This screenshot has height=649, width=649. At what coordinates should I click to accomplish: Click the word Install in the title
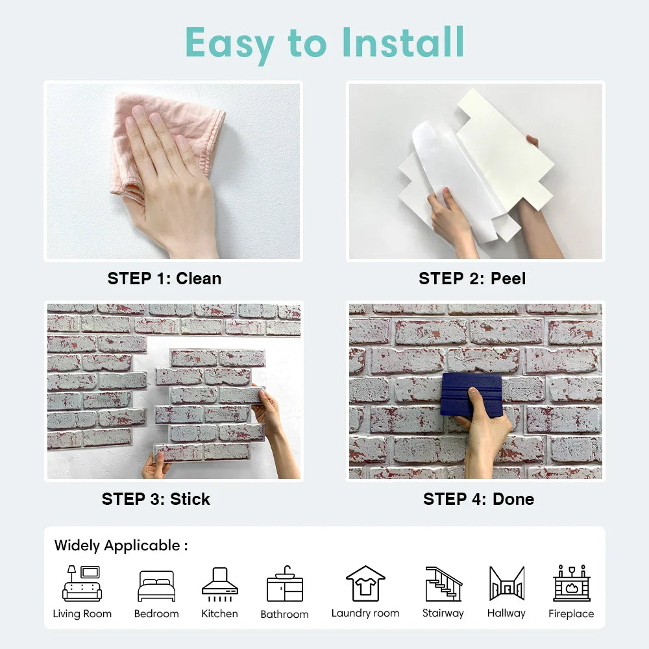[x=403, y=43]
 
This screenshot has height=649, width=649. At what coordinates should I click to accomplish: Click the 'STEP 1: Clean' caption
[x=164, y=278]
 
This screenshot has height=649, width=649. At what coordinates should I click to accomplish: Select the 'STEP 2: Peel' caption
[x=472, y=278]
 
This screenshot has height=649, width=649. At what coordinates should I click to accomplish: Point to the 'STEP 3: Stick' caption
[x=156, y=499]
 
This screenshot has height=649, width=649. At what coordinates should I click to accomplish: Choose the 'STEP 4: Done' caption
[x=478, y=499]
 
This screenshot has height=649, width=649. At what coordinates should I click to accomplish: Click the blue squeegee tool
[x=472, y=394]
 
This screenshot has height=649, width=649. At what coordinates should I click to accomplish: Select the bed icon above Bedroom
[x=156, y=586]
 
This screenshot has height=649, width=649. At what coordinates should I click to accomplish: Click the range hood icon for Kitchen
[x=219, y=582]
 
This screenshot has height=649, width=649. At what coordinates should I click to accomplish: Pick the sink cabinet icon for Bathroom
[x=284, y=583]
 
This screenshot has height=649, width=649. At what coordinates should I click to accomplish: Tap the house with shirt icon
[x=365, y=583]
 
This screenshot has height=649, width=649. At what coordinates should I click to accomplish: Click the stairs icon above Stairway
[x=443, y=583]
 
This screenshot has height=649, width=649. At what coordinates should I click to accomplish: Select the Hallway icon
[x=506, y=583]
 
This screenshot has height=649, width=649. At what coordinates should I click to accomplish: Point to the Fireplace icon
[x=571, y=583]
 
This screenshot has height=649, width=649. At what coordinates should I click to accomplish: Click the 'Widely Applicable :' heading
[x=121, y=545]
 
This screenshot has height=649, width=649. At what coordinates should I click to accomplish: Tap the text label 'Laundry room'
[x=365, y=613]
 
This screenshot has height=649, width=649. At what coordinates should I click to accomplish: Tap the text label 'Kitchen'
[x=219, y=613]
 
